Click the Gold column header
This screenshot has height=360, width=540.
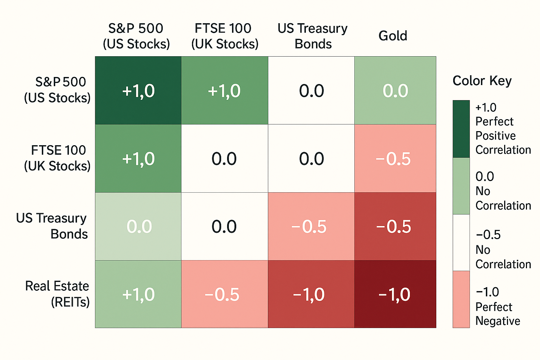(x=393, y=36)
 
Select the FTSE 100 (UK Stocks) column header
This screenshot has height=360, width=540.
(x=225, y=36)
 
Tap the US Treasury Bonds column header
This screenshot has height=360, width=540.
(x=313, y=36)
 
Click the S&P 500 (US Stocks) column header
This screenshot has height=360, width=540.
(x=136, y=36)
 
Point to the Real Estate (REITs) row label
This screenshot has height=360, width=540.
(x=57, y=294)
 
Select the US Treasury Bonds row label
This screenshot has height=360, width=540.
(x=52, y=226)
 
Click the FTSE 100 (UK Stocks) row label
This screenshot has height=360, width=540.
(x=57, y=158)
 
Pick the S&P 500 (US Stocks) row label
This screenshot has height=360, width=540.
(x=57, y=90)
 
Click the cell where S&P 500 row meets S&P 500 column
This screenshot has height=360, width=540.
(x=138, y=90)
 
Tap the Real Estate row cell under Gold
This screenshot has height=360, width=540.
(x=395, y=294)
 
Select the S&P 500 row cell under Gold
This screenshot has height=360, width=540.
(x=395, y=90)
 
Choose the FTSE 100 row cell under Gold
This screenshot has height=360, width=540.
(x=395, y=158)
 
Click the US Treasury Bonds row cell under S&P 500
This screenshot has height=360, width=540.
(x=138, y=226)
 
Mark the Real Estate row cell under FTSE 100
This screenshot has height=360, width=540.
(x=224, y=294)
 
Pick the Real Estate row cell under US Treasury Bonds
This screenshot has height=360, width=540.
(x=311, y=294)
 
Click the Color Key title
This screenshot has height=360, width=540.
(x=482, y=81)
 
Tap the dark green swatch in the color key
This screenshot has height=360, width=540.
(x=461, y=129)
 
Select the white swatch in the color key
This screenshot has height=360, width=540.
(x=461, y=243)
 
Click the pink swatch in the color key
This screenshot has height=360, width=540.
(x=461, y=299)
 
